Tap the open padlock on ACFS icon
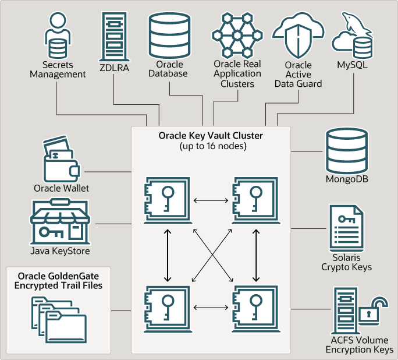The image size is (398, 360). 372,311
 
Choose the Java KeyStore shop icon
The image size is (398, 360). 59,222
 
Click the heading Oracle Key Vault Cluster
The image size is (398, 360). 211,135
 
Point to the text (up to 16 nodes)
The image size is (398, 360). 211,146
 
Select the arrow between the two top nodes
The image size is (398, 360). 211,200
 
